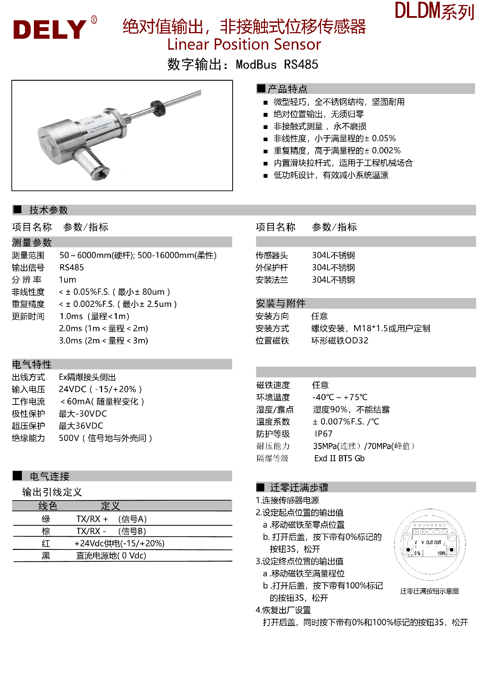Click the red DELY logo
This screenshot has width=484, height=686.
pyautogui.click(x=50, y=29)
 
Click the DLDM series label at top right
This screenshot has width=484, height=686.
pyautogui.click(x=434, y=11)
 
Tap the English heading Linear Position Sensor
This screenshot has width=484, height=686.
pyautogui.click(x=244, y=45)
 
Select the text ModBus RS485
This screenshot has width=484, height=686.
pyautogui.click(x=277, y=65)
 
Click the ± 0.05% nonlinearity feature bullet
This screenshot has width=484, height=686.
pyautogui.click(x=334, y=139)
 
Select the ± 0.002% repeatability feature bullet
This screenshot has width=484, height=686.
pyautogui.click(x=337, y=151)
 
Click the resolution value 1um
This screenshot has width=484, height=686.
pyautogui.click(x=67, y=280)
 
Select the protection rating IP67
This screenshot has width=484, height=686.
pyautogui.click(x=323, y=434)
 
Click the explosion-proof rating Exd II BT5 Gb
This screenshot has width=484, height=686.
pyautogui.click(x=339, y=458)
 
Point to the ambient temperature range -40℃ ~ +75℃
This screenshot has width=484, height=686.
pyautogui.click(x=340, y=397)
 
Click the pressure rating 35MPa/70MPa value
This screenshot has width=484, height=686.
pyautogui.click(x=363, y=446)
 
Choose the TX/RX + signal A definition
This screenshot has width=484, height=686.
pyautogui.click(x=111, y=519)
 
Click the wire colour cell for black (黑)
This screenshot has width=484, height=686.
pyautogui.click(x=46, y=556)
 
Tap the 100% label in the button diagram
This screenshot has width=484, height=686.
pyautogui.click(x=441, y=553)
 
